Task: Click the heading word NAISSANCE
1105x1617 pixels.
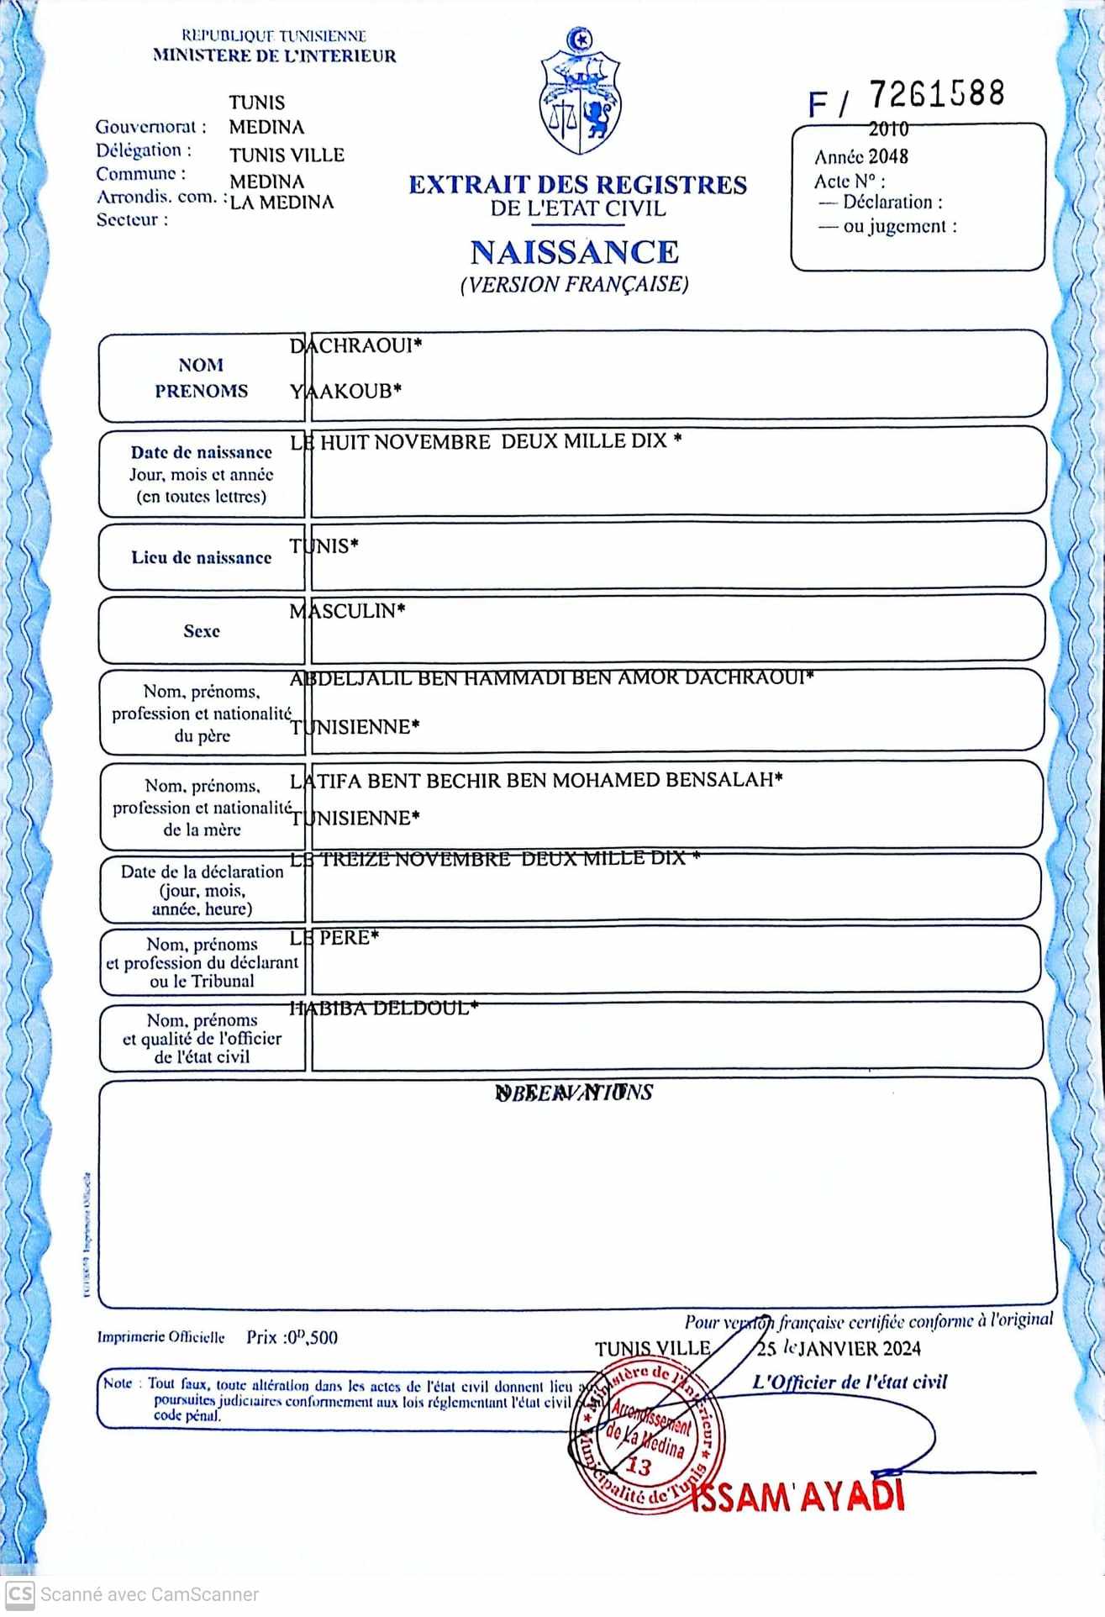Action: pyautogui.click(x=575, y=252)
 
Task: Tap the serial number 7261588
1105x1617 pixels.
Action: pyautogui.click(x=936, y=94)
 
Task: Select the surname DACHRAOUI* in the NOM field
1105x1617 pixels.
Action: pyautogui.click(x=355, y=345)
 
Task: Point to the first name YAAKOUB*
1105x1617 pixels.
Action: pyautogui.click(x=345, y=391)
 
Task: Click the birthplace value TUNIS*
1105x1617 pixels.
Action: pyautogui.click(x=324, y=546)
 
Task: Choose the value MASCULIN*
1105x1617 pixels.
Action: pyautogui.click(x=347, y=611)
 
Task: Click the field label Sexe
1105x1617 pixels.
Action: pyautogui.click(x=202, y=631)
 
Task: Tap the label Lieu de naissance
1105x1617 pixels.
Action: pyautogui.click(x=202, y=557)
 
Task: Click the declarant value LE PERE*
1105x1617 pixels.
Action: pyautogui.click(x=334, y=937)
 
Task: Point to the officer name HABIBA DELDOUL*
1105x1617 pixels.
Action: pyautogui.click(x=383, y=1008)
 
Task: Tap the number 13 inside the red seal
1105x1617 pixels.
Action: pyautogui.click(x=639, y=1467)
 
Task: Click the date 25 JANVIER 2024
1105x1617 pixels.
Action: pyautogui.click(x=839, y=1349)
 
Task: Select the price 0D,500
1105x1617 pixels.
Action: pyautogui.click(x=312, y=1337)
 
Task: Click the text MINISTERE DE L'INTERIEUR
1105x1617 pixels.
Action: pyautogui.click(x=274, y=56)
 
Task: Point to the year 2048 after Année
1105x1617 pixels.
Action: pyautogui.click(x=888, y=156)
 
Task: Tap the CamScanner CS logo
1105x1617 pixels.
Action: pyautogui.click(x=20, y=1593)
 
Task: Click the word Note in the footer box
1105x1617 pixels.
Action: pyautogui.click(x=118, y=1383)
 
